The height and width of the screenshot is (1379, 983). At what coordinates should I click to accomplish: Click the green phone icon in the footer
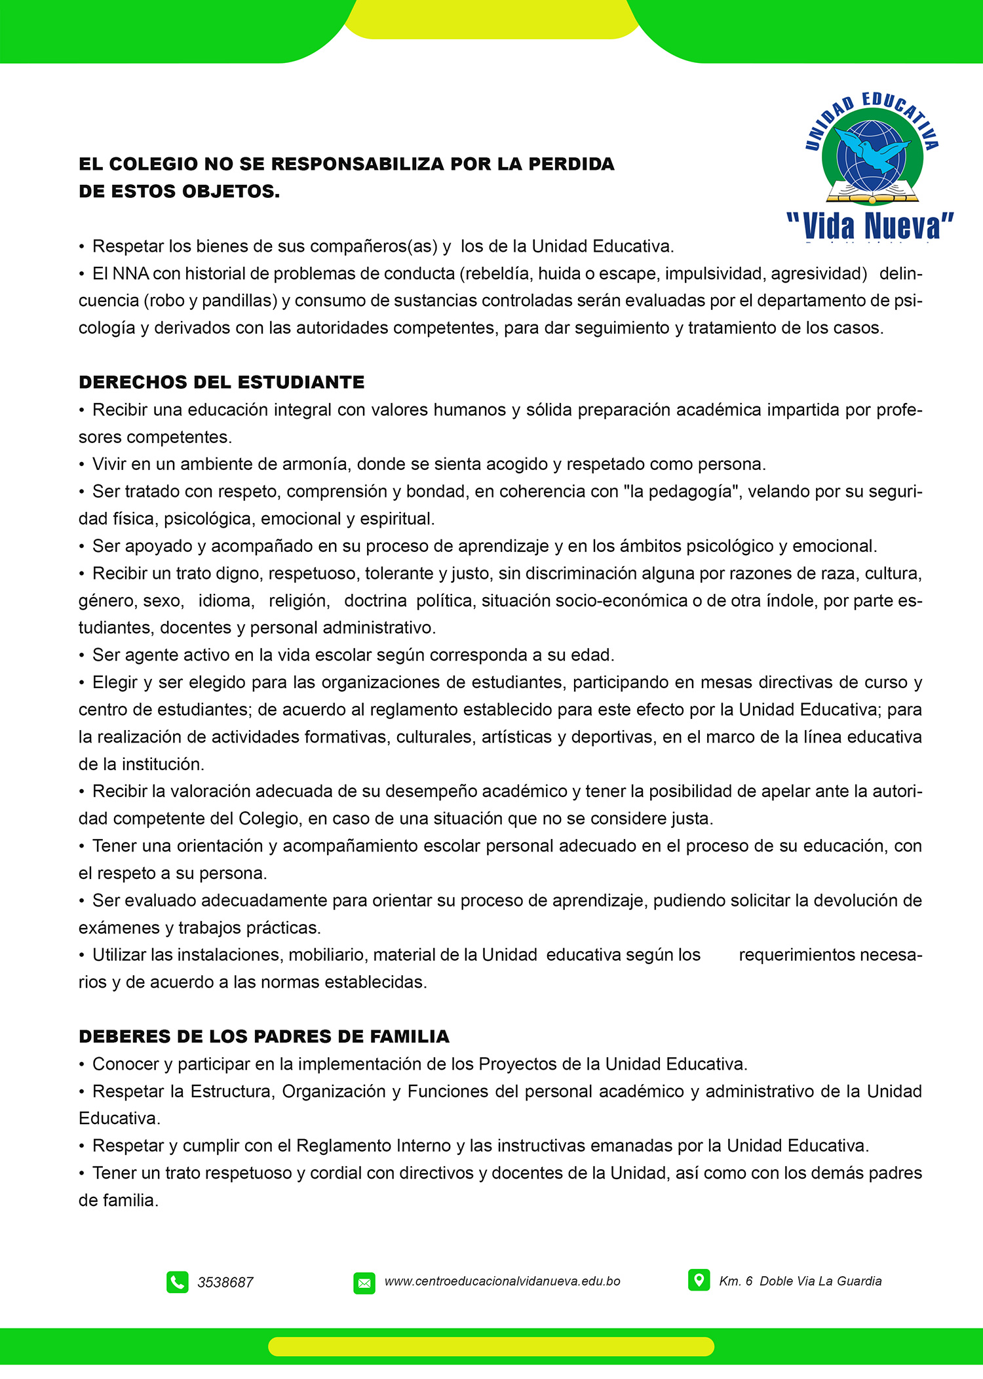click(177, 1282)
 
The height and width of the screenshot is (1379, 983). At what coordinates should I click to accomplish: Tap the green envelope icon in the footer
click(364, 1283)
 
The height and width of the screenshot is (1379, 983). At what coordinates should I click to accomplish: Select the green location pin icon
click(699, 1280)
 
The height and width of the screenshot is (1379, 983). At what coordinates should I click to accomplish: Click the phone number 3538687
click(225, 1283)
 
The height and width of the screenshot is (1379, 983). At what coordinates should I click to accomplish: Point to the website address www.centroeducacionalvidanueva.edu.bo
click(502, 1281)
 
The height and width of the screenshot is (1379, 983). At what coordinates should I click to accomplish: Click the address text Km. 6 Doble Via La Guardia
click(800, 1281)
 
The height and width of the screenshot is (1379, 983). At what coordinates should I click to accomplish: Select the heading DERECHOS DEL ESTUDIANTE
click(222, 382)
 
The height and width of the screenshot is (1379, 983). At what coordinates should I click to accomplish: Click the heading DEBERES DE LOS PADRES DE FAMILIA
click(263, 1036)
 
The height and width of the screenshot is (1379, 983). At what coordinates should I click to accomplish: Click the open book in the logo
click(872, 193)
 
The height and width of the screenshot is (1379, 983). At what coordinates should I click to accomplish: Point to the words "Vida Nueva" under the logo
click(870, 226)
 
